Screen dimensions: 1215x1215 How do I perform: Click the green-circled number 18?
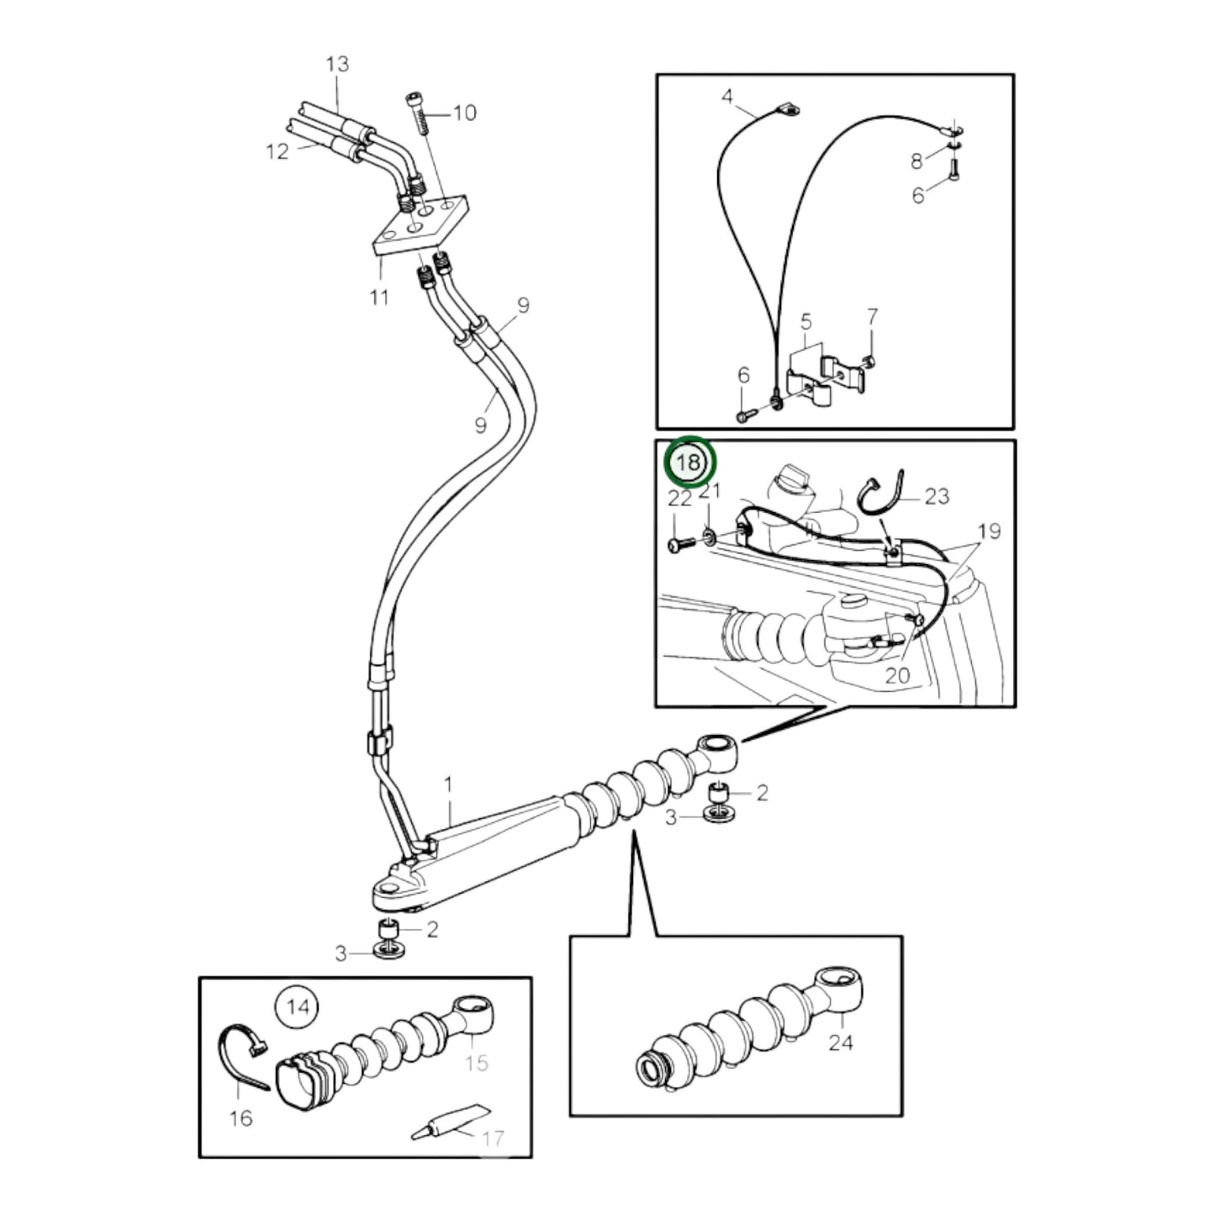coord(689,462)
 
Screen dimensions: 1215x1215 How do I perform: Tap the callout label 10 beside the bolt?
coord(464,113)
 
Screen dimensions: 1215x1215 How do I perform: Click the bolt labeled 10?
coord(419,112)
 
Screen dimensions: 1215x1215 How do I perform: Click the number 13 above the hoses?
coord(337,64)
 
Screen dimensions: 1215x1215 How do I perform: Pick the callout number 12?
coord(277,151)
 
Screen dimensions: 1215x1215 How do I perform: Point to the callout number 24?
coord(840,1043)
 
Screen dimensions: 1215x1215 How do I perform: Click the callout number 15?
coord(477,1063)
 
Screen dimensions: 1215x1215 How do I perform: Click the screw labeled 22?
coord(679,545)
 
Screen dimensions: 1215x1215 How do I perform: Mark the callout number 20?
coord(897,674)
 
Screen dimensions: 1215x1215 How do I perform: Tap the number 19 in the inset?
coord(989,531)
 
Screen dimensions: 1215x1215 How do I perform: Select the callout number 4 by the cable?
coord(727,97)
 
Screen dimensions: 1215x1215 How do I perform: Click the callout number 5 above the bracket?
coord(806,321)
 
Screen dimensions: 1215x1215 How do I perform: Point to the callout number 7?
coord(872,317)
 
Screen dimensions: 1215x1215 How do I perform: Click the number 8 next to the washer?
coord(917,159)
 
